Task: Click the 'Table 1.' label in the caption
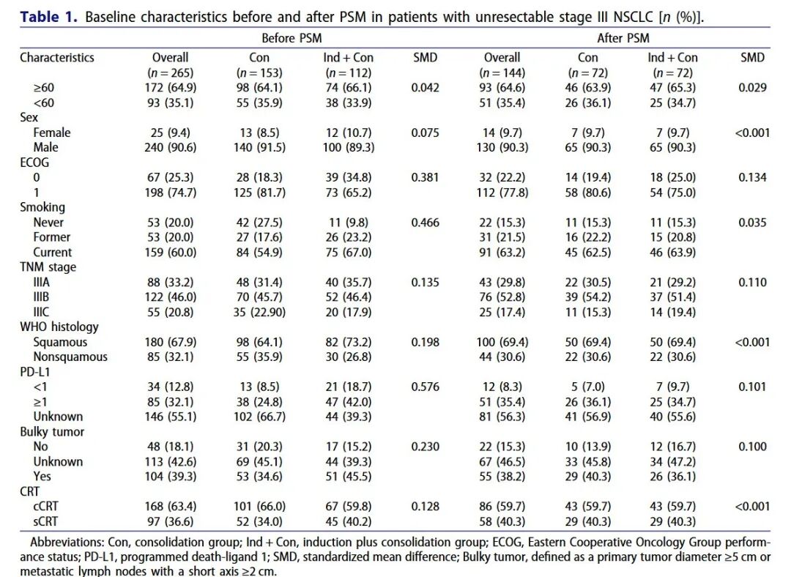(x=48, y=17)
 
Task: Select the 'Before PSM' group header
(x=291, y=38)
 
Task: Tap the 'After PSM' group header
(x=623, y=38)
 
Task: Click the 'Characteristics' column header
(x=57, y=58)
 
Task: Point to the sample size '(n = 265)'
(x=171, y=72)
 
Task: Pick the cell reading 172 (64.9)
(x=171, y=88)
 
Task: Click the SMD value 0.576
(x=426, y=387)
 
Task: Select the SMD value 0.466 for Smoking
(x=426, y=223)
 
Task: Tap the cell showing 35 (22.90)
(x=259, y=312)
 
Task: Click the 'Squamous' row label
(x=60, y=342)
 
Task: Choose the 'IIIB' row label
(x=41, y=297)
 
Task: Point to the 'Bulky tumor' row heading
(x=52, y=432)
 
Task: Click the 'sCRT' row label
(x=45, y=521)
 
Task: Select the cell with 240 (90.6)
(x=171, y=147)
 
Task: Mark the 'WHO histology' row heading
(x=59, y=327)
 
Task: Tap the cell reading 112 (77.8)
(x=502, y=193)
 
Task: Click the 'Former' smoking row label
(x=52, y=237)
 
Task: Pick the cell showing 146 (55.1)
(x=171, y=417)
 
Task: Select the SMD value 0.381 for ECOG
(x=426, y=177)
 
